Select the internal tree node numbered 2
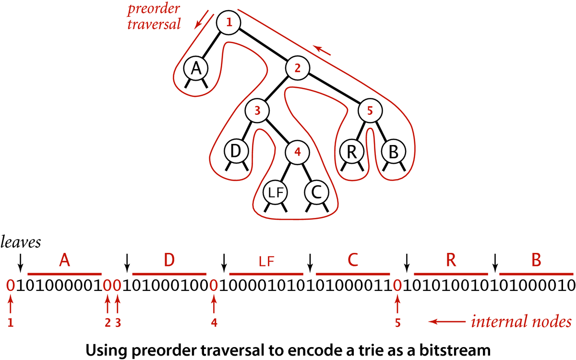[x=297, y=68]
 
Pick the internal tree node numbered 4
[x=297, y=153]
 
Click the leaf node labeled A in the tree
[x=195, y=69]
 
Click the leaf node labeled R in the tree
[x=352, y=152]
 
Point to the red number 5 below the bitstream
[x=397, y=323]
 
